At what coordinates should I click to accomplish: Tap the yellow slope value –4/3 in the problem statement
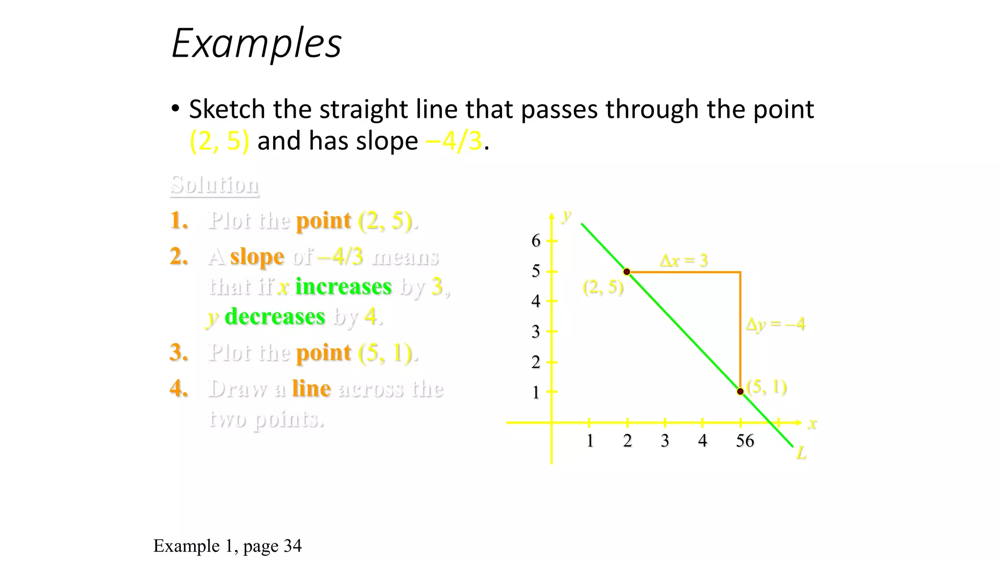pos(454,141)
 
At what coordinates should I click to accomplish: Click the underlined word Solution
pos(215,185)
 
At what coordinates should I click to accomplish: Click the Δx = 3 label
pos(684,260)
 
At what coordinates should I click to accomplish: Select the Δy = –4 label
pos(775,324)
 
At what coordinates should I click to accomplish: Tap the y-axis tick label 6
pos(536,240)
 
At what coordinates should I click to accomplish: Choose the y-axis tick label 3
pos(536,332)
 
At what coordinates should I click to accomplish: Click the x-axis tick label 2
pos(628,441)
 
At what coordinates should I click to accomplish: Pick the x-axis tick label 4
pos(702,441)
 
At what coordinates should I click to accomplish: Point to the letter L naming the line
pos(801,454)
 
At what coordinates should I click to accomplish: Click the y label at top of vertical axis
pos(566,215)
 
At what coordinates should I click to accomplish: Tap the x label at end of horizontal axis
pos(812,424)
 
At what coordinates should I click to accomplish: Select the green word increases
pos(343,287)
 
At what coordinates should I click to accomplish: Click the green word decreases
pos(275,317)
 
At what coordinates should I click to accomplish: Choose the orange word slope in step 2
pos(257,257)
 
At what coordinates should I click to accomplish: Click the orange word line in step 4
pos(311,389)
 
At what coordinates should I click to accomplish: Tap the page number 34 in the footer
pos(292,546)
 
